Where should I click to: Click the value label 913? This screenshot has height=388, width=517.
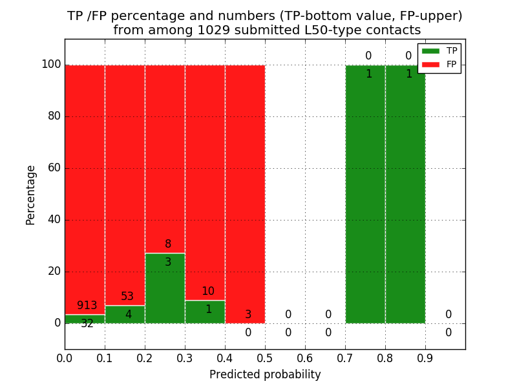[x=87, y=306]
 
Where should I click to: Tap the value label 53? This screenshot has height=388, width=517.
[x=127, y=297]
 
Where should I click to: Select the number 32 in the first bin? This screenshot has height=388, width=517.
[x=87, y=324]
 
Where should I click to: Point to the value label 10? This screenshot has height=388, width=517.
[x=207, y=292]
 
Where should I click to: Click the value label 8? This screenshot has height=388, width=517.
[x=168, y=244]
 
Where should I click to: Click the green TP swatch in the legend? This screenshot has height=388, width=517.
[x=430, y=50]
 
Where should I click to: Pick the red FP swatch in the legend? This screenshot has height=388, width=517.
[x=430, y=64]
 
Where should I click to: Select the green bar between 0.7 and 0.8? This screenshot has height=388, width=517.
[x=365, y=194]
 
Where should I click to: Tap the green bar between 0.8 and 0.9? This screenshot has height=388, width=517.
[x=405, y=194]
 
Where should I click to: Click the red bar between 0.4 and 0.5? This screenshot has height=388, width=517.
[x=245, y=194]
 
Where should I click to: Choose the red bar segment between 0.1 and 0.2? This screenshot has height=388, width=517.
[x=125, y=181]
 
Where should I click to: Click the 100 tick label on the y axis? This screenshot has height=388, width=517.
[x=51, y=65]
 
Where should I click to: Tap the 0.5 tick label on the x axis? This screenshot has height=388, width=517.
[x=265, y=358]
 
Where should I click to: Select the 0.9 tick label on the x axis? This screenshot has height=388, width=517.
[x=425, y=358]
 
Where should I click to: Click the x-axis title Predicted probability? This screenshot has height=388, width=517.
[x=265, y=374]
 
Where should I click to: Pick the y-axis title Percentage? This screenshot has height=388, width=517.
[x=31, y=195]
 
